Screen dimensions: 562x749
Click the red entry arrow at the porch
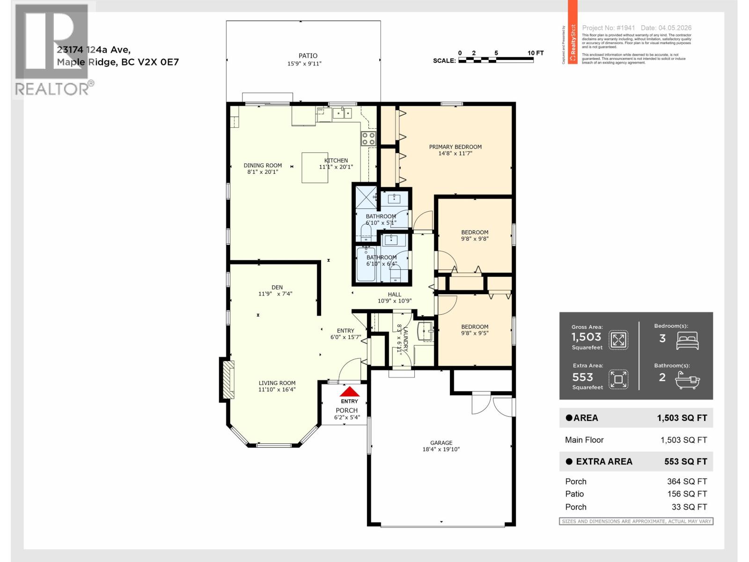point(349,392)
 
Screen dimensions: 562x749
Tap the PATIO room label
point(308,56)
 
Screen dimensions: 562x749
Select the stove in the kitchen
point(368,138)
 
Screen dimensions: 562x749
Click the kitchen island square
point(318,167)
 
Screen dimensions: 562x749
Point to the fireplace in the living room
point(228,379)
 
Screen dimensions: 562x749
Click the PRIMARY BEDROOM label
point(455,147)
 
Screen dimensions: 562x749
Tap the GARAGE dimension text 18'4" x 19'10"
point(441,450)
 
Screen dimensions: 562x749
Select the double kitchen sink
point(342,113)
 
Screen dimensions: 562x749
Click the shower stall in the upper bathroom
point(366,197)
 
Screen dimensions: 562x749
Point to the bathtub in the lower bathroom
point(366,265)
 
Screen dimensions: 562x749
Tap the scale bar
point(496,60)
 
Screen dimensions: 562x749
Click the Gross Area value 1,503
point(586,337)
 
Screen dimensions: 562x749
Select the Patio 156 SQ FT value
point(687,494)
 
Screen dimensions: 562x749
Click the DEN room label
point(277,288)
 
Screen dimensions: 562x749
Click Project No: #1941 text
point(608,28)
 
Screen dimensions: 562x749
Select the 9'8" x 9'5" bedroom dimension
point(475,333)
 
